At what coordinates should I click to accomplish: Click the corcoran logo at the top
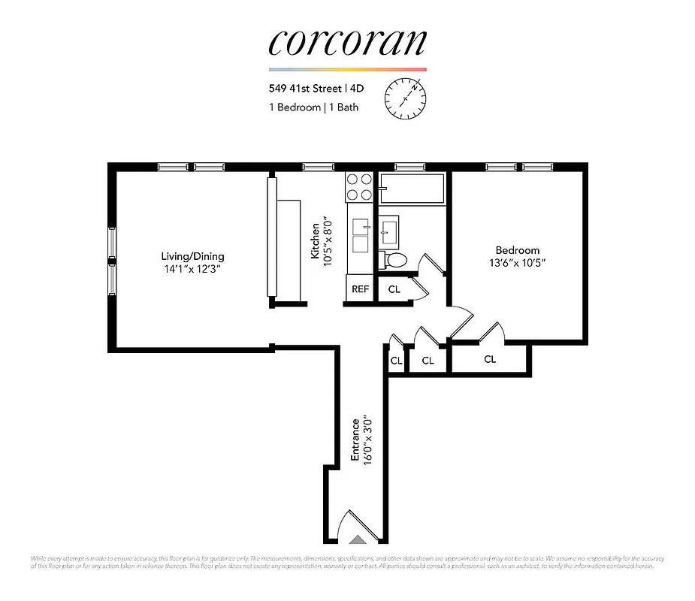click(347, 43)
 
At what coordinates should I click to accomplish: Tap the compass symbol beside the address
click(406, 97)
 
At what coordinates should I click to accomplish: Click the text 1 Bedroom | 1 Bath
click(313, 107)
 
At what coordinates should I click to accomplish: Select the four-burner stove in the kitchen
click(359, 186)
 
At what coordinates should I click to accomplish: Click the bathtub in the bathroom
click(412, 189)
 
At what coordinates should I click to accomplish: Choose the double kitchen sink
click(360, 236)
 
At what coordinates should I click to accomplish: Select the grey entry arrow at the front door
click(358, 538)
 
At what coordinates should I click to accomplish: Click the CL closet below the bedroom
click(490, 359)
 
